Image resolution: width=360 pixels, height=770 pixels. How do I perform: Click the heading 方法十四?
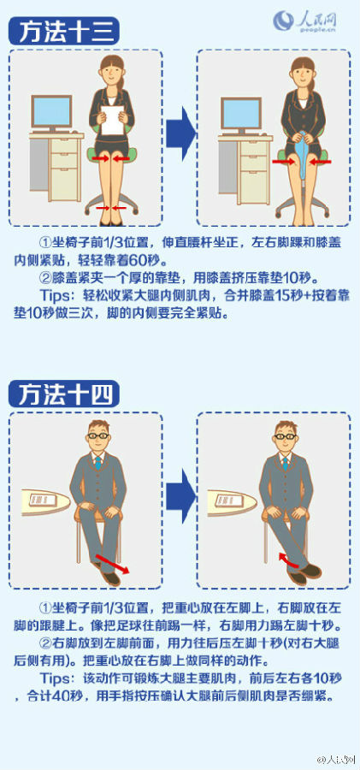click(63, 394)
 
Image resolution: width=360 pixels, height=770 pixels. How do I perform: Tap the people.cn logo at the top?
click(305, 21)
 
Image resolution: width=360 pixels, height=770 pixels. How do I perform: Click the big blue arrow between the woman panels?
click(180, 134)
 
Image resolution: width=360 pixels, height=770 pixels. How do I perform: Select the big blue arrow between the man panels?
click(180, 496)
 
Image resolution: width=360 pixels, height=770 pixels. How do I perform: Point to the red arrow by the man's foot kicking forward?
click(112, 564)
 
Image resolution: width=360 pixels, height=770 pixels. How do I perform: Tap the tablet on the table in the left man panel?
click(44, 500)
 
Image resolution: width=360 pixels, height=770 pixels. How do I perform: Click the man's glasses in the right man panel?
click(286, 436)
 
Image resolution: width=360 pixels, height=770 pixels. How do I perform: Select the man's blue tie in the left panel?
click(98, 463)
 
